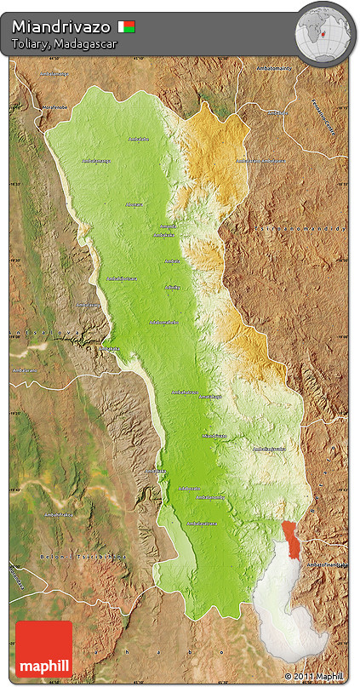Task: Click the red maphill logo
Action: (43, 649)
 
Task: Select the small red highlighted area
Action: (293, 541)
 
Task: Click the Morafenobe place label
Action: (56, 107)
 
